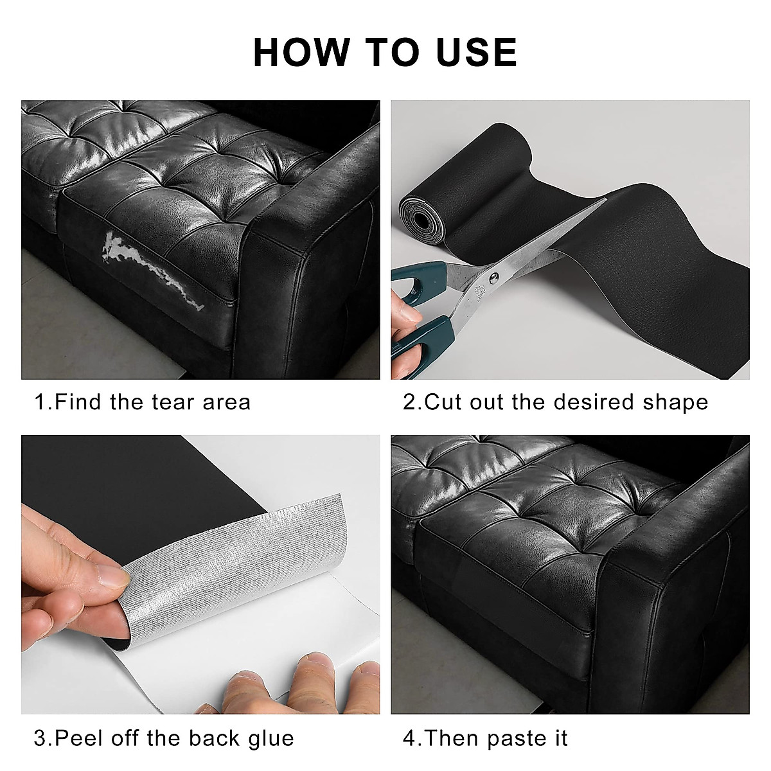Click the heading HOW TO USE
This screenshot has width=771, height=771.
tap(385, 53)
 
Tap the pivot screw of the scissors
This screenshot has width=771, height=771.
tap(493, 278)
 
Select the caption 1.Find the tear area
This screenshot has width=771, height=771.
tap(142, 402)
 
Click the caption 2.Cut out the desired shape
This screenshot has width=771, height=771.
tap(555, 402)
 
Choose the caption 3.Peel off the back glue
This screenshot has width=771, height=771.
tap(164, 738)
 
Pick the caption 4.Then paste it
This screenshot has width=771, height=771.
tap(485, 738)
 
